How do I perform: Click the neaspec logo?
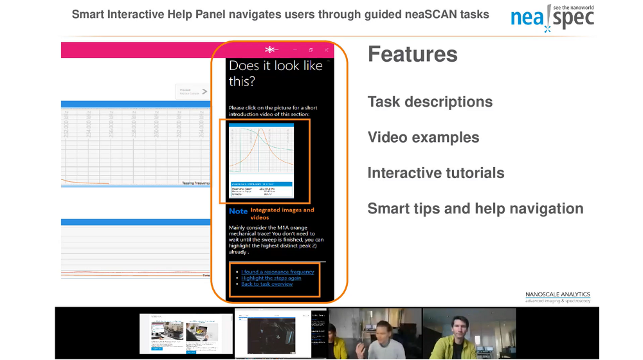click(x=552, y=18)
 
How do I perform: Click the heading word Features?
click(x=412, y=55)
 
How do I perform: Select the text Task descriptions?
click(x=430, y=102)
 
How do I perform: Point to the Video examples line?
click(x=423, y=137)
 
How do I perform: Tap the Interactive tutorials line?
click(x=435, y=173)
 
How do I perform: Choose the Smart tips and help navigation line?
click(x=475, y=208)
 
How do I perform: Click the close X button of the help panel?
click(x=327, y=50)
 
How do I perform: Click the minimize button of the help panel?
click(x=295, y=50)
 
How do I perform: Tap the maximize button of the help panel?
click(x=311, y=50)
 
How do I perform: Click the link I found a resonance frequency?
click(x=277, y=272)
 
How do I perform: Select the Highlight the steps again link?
click(x=271, y=278)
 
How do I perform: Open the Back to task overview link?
click(x=267, y=283)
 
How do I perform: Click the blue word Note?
click(x=238, y=211)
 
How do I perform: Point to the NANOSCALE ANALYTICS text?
click(x=557, y=294)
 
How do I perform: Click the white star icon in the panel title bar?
click(x=270, y=50)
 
